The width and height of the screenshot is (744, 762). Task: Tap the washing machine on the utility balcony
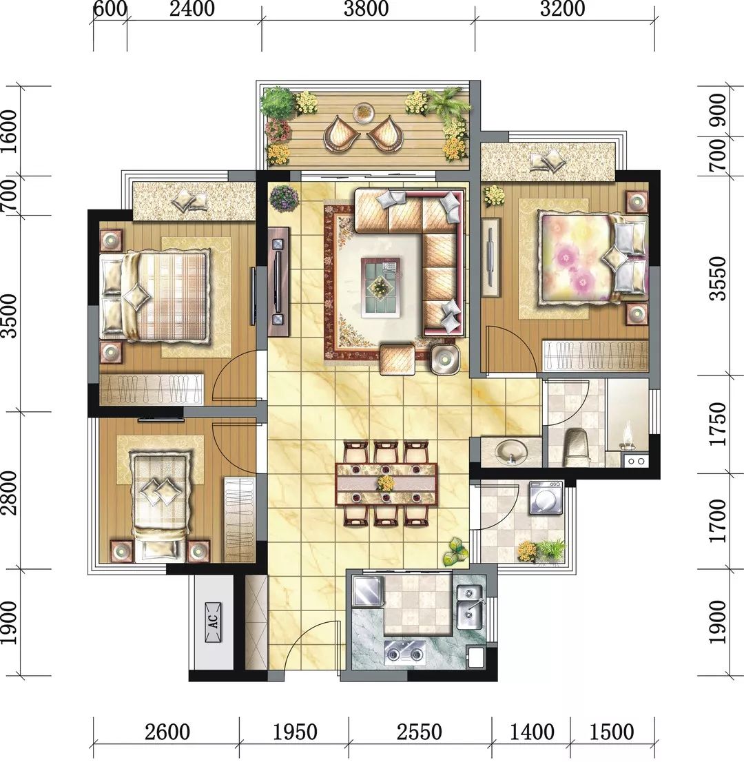(546, 497)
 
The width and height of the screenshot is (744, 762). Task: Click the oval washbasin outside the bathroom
(510, 451)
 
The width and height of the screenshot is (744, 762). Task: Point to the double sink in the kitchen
(470, 604)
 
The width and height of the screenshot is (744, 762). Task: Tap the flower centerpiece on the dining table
(386, 482)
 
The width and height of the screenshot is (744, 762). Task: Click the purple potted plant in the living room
(284, 198)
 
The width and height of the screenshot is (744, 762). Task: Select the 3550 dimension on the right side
(718, 278)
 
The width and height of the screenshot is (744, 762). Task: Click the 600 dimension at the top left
(109, 10)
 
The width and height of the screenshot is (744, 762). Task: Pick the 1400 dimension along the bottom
(531, 731)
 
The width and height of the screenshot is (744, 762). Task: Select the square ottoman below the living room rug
(397, 360)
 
